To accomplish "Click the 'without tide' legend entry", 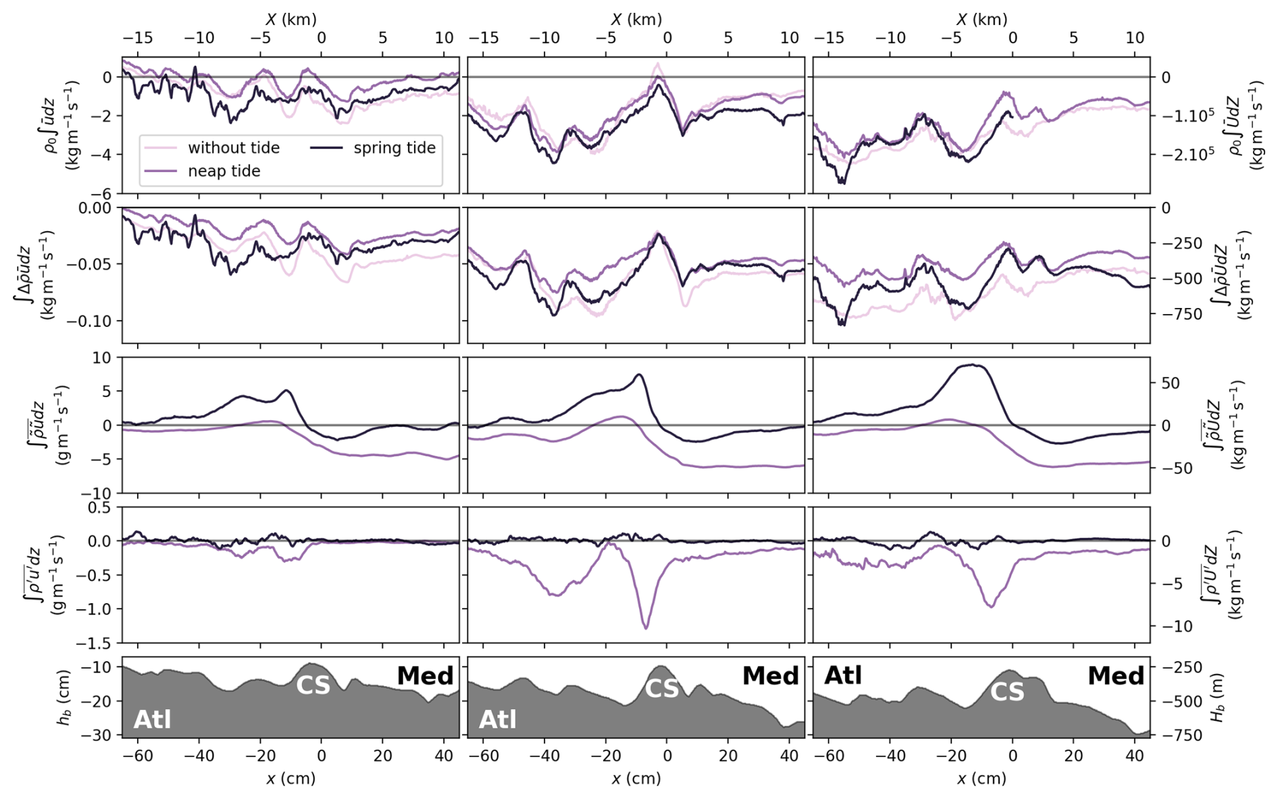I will [233, 148].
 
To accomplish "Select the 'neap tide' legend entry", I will [224, 171].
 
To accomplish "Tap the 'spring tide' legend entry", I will [394, 148].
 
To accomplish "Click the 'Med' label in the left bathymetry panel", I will [425, 675].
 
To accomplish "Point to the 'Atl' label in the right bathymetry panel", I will [843, 675].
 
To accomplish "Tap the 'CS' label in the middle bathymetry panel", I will [662, 688].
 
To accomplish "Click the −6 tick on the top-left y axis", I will [106, 193].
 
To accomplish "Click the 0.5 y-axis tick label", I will [101, 507].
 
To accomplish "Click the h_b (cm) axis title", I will [64, 697].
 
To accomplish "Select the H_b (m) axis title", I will [1218, 697].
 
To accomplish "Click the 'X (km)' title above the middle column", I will [636, 20].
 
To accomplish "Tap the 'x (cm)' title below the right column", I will [981, 779].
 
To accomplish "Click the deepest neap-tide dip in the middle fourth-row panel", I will [646, 629].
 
